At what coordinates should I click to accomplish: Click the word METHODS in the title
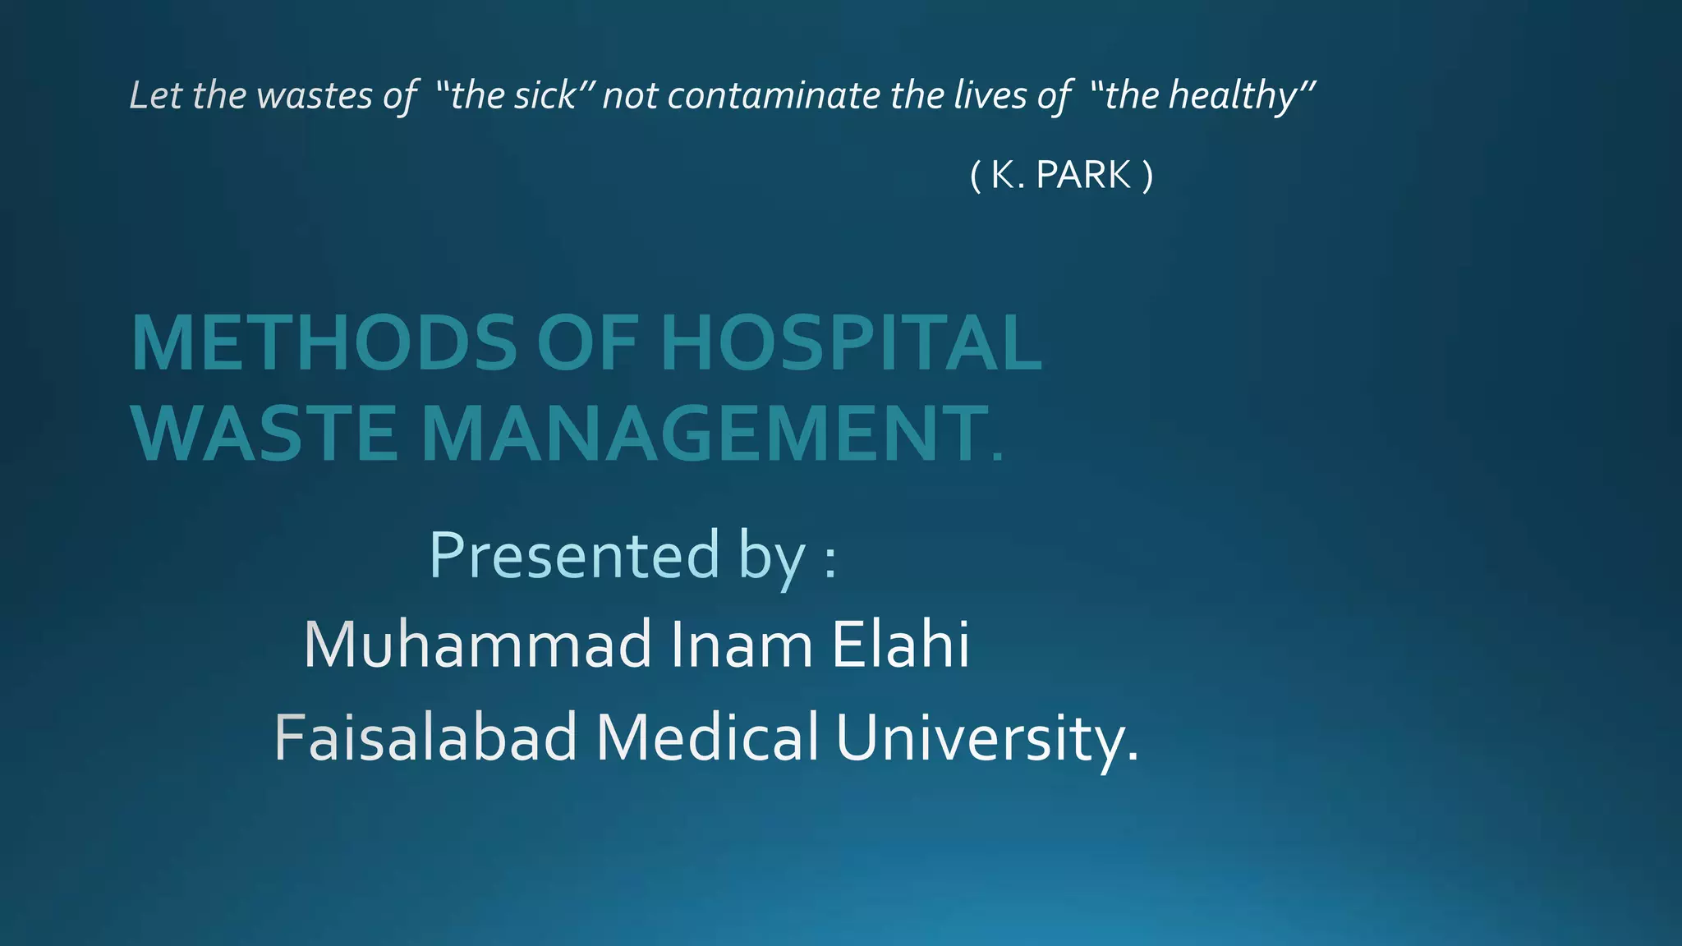click(x=324, y=343)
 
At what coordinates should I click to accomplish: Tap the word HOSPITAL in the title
click(x=850, y=343)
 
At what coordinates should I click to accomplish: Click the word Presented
click(x=574, y=556)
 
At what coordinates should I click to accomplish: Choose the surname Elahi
click(x=900, y=645)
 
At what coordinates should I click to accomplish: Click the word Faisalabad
click(x=425, y=737)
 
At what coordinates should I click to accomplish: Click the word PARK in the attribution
click(x=1083, y=175)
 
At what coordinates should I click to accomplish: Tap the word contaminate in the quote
click(x=774, y=95)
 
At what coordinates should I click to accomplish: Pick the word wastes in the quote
click(x=315, y=95)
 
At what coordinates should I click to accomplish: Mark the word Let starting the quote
click(x=155, y=95)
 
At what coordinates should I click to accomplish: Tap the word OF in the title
click(x=587, y=343)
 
